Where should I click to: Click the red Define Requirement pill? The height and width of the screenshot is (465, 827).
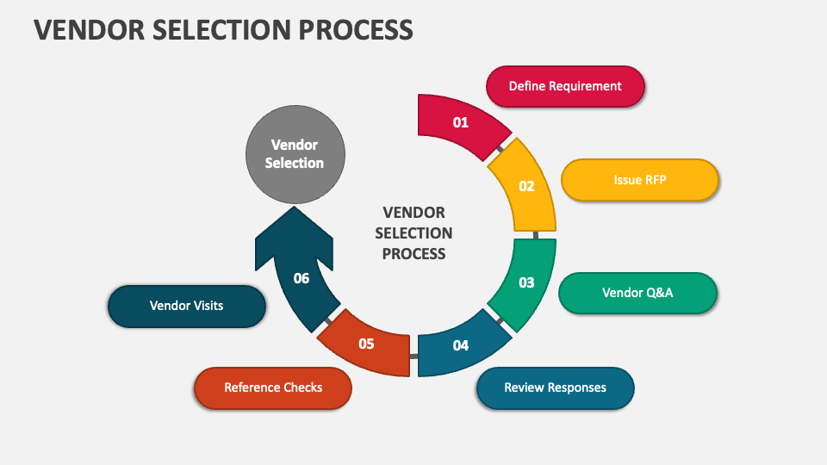tap(565, 86)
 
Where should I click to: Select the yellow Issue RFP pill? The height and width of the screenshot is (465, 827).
tap(639, 180)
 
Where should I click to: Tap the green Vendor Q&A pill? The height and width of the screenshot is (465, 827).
tap(637, 293)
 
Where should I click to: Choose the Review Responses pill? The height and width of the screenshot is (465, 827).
tap(555, 387)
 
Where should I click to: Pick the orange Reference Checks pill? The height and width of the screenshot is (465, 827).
tap(273, 387)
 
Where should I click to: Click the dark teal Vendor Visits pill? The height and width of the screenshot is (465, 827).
tap(186, 306)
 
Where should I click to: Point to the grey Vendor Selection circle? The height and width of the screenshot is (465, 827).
tap(295, 154)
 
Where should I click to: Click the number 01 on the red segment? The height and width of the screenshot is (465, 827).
tap(461, 122)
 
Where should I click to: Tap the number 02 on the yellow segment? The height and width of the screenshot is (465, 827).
tap(526, 186)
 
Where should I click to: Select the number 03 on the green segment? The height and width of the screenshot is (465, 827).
tap(526, 282)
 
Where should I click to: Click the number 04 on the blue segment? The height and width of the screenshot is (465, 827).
tap(461, 345)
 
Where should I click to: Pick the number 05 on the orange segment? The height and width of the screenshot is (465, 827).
tap(366, 344)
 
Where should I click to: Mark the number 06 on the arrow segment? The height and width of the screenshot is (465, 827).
tap(301, 278)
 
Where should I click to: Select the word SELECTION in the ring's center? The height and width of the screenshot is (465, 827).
tap(413, 233)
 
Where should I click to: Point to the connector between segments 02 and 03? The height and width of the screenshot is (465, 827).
tap(535, 235)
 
